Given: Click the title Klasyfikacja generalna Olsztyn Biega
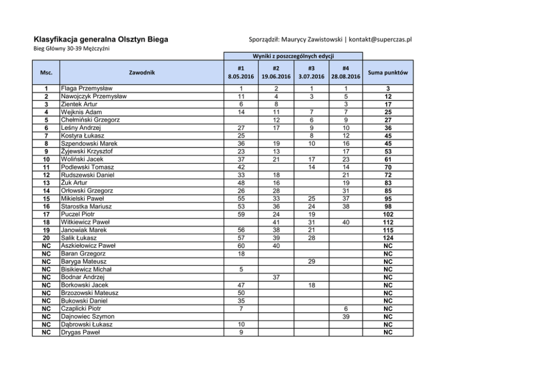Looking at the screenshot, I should point(101,39).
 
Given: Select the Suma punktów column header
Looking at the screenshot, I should point(388,72).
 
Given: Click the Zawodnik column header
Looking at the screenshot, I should point(142,72).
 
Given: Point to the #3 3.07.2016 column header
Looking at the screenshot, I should point(311,72).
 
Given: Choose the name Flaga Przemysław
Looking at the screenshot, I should point(87,89).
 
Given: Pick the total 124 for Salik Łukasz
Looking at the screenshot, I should point(388,238).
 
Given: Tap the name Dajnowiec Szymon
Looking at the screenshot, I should point(87,316).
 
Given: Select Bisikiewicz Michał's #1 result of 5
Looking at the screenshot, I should point(241,269).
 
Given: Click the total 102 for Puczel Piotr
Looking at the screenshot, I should point(388,214).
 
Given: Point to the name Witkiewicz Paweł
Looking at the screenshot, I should point(86,222).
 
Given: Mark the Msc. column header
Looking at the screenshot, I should point(46,72).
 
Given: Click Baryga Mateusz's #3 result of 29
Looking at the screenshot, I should point(311,261).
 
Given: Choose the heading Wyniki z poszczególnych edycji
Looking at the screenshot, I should point(292,56).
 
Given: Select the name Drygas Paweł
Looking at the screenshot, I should point(82,332).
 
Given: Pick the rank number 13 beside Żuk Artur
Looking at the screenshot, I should point(46,182).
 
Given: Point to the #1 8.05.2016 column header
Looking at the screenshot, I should point(241,72).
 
